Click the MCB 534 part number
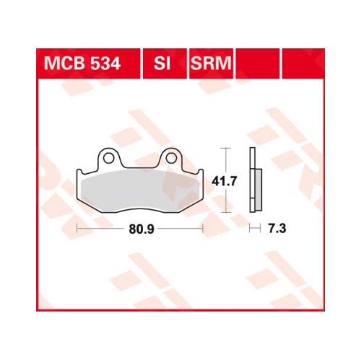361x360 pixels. pyautogui.click(x=82, y=63)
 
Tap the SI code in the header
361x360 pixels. pyautogui.click(x=162, y=63)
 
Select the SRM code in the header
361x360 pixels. pyautogui.click(x=211, y=63)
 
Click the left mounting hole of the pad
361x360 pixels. pyautogui.click(x=108, y=158)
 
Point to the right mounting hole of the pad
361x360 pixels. pyautogui.click(x=171, y=158)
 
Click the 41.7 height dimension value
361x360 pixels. pyautogui.click(x=225, y=181)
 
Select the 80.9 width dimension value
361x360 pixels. pyautogui.click(x=142, y=229)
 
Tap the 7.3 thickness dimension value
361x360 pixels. pyautogui.click(x=277, y=229)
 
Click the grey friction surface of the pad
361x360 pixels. pyautogui.click(x=141, y=190)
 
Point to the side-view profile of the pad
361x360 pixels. pyautogui.click(x=256, y=180)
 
